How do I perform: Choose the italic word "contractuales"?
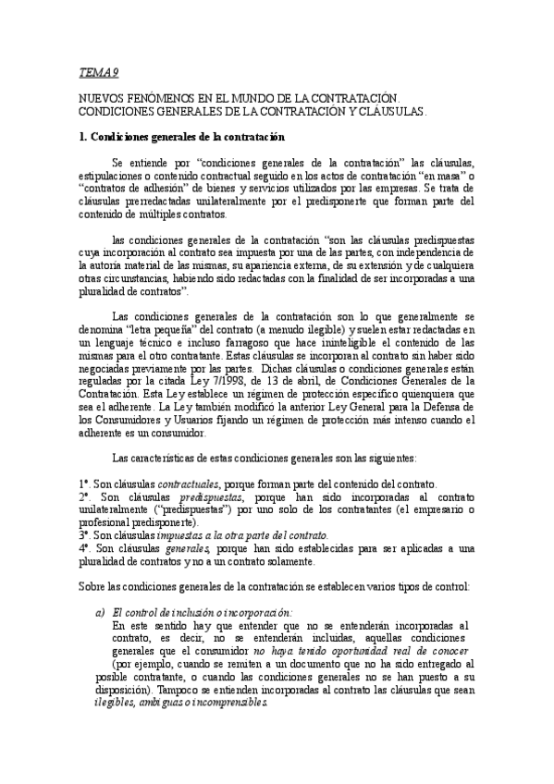pos(189,484)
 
